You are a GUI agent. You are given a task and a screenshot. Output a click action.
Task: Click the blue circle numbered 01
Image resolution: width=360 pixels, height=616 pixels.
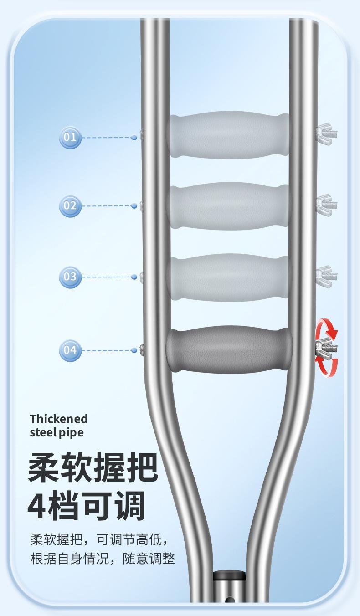[70, 138]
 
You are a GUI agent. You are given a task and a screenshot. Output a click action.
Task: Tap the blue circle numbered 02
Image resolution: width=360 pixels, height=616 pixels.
[70, 206]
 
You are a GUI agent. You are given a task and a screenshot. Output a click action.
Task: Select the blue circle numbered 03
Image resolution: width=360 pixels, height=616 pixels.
[70, 277]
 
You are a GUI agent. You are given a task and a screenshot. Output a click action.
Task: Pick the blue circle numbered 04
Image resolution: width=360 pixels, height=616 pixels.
[70, 350]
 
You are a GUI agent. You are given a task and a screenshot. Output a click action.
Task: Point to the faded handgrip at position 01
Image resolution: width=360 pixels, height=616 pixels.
[229, 135]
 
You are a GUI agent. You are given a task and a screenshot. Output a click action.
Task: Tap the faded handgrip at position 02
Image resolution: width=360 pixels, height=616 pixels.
[229, 206]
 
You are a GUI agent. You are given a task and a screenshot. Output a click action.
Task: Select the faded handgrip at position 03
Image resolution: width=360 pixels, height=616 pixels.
[229, 277]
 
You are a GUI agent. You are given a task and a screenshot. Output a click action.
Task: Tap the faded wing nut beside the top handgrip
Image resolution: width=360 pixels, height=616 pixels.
[326, 134]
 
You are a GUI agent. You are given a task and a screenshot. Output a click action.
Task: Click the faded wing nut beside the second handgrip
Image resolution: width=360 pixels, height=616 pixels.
[326, 205]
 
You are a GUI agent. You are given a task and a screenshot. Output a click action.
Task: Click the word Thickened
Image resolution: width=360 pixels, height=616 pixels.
[59, 419]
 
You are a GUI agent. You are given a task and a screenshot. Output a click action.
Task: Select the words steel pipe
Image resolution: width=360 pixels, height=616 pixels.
[57, 432]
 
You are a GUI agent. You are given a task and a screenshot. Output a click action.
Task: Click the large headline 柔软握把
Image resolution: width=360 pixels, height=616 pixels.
[93, 467]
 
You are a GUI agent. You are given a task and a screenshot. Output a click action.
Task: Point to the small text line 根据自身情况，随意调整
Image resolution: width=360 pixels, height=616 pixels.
[103, 559]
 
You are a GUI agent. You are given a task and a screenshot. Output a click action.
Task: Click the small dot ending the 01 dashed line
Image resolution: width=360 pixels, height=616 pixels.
[134, 138]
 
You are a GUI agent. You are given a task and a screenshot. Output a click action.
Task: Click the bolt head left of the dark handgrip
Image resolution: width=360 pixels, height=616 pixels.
[142, 350]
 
